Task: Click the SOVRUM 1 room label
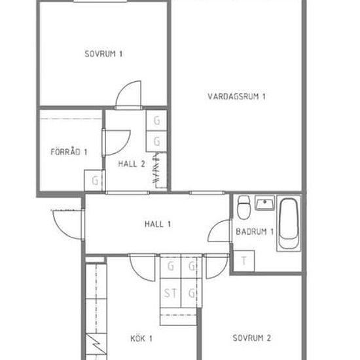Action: [103, 54]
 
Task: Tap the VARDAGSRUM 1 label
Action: [236, 96]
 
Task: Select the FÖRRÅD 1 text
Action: [69, 152]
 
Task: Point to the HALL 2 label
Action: [132, 164]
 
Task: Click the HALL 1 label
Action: [158, 224]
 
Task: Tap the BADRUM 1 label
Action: [255, 232]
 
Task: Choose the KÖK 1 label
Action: [141, 338]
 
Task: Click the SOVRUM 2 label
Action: [251, 338]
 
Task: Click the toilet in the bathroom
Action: [244, 207]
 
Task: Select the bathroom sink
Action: [264, 203]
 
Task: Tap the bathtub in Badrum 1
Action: [289, 223]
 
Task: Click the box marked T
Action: [244, 261]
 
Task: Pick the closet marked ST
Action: [170, 293]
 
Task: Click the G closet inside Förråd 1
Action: [95, 181]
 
